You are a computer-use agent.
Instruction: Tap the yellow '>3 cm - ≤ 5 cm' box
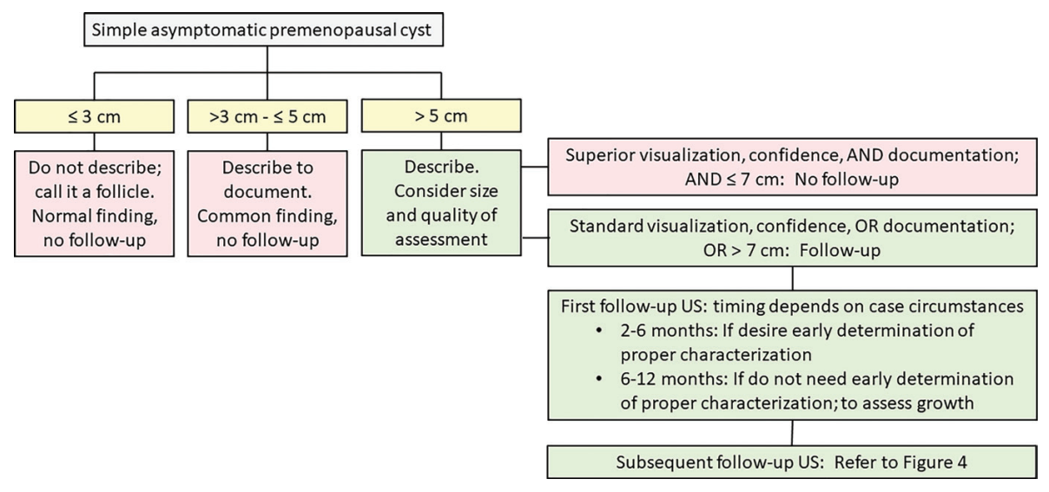pyautogui.click(x=267, y=117)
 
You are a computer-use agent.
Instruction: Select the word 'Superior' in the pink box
pyautogui.click(x=597, y=155)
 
